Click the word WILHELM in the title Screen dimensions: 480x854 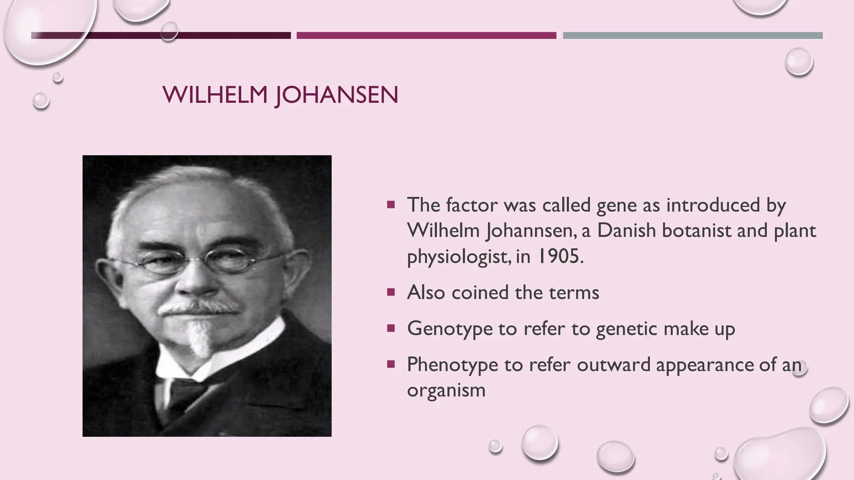click(x=215, y=95)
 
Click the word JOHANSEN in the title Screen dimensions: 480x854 click(x=337, y=95)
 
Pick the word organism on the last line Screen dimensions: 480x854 click(x=446, y=390)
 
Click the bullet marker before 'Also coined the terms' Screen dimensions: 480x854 click(x=391, y=292)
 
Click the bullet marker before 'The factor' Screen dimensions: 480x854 click(x=391, y=205)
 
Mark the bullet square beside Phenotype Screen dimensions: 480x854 click(x=391, y=365)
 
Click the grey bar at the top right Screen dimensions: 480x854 click(x=692, y=35)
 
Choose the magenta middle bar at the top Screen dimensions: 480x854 click(x=426, y=35)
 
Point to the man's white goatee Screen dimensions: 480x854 click(x=199, y=337)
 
